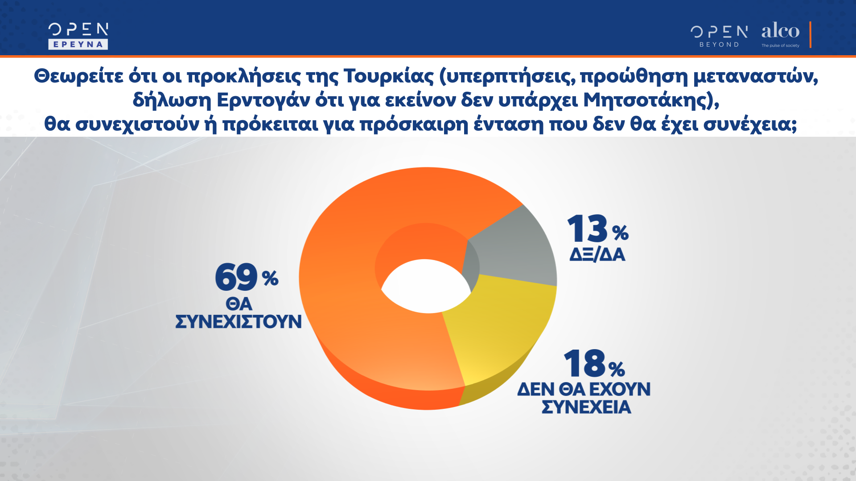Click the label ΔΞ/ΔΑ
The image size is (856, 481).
coord(597,255)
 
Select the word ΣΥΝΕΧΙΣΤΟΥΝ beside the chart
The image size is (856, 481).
coord(239,322)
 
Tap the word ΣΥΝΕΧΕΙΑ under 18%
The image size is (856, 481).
coord(586,407)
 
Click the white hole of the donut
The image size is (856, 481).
coord(426,287)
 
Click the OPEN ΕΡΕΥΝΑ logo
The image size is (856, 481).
coord(78,36)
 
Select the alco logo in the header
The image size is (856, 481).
coord(780,31)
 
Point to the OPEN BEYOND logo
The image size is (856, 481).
coord(719,36)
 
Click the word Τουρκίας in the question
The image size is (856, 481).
coord(388,76)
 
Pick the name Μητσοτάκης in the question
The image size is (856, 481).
coord(645,100)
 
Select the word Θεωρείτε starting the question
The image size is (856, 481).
coord(78,76)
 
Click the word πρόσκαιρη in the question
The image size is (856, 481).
coord(414,124)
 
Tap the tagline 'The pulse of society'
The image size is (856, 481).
coord(780,45)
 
